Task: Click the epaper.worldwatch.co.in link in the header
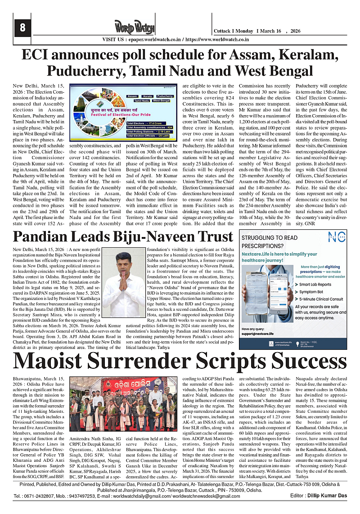(151, 40)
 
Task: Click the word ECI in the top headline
(38, 56)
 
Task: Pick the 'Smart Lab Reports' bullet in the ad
(315, 284)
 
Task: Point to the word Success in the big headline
(296, 361)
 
